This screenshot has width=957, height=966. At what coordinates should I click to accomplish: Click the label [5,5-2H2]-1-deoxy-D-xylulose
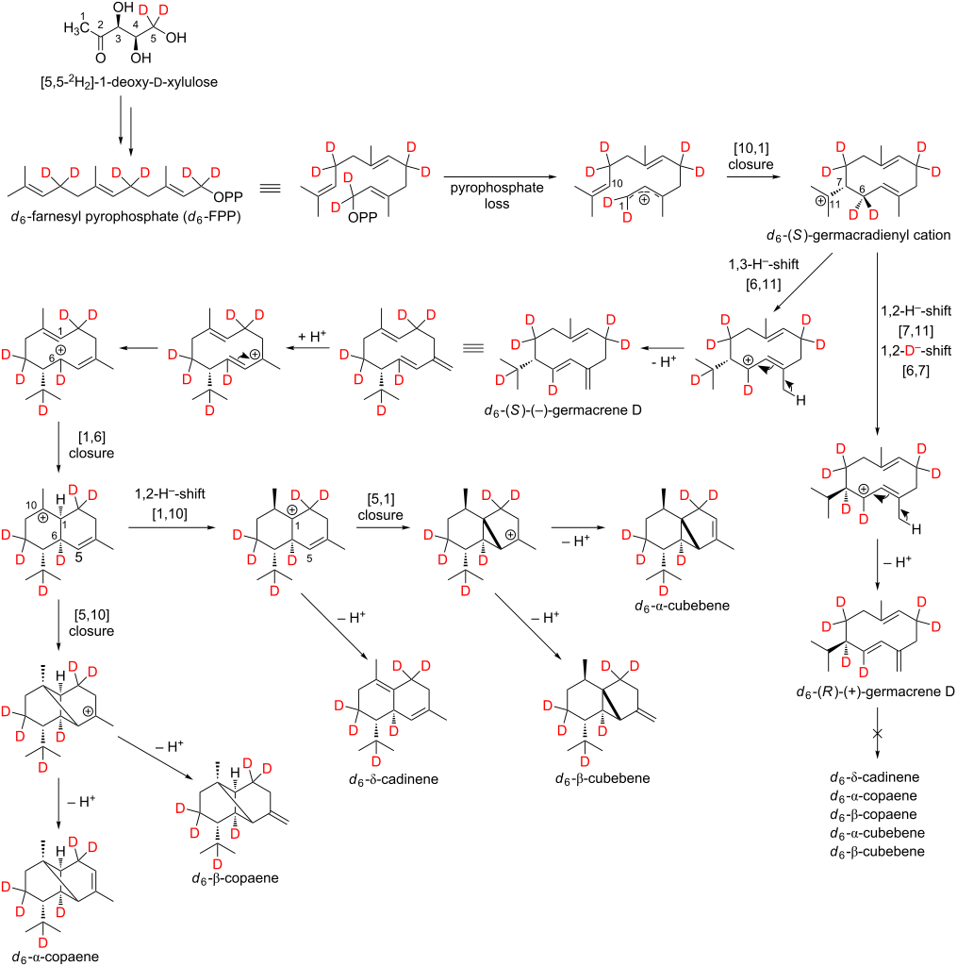[129, 81]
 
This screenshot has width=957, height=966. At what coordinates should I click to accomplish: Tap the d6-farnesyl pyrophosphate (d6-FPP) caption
[125, 216]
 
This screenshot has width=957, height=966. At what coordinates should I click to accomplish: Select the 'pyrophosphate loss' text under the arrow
[497, 195]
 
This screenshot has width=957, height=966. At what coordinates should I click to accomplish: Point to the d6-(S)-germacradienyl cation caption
[858, 235]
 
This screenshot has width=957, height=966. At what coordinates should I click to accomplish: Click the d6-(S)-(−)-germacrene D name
[563, 409]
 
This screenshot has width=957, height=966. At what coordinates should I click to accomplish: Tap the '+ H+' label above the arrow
[311, 337]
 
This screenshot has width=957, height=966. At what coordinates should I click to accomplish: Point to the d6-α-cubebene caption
[682, 606]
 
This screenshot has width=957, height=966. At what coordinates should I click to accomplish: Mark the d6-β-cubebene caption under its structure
[602, 778]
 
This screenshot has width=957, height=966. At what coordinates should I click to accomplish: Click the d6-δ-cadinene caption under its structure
[393, 779]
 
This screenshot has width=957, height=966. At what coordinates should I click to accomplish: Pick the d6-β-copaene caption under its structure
[236, 878]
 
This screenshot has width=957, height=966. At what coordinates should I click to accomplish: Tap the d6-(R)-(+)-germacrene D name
[875, 691]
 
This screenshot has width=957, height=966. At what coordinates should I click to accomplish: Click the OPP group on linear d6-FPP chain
[228, 197]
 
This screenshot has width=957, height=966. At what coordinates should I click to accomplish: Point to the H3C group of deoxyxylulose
[76, 28]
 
